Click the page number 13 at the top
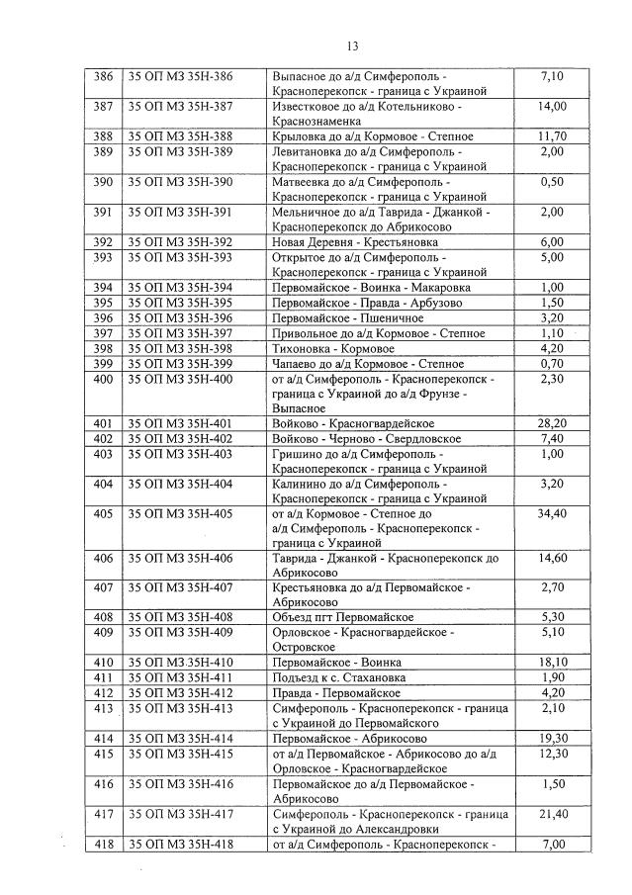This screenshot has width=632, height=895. (x=352, y=45)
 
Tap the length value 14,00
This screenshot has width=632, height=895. (x=551, y=106)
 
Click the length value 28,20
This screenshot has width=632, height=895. (x=551, y=423)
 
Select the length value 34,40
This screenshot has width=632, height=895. (x=551, y=514)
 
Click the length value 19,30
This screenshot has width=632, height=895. (x=551, y=738)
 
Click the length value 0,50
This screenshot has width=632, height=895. (x=551, y=182)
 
